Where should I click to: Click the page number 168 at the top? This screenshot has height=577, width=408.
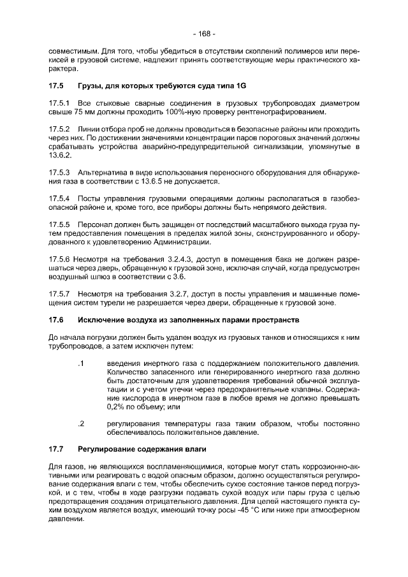[204, 33]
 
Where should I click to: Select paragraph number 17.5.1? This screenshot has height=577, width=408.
[60, 103]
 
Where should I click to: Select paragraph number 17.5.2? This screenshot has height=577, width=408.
[60, 129]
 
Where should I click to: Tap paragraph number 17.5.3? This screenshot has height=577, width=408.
[60, 173]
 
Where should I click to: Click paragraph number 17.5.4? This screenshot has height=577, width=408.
[60, 199]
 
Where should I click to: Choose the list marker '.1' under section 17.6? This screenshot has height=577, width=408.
[80, 363]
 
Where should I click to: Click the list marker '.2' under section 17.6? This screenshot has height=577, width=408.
[81, 423]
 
